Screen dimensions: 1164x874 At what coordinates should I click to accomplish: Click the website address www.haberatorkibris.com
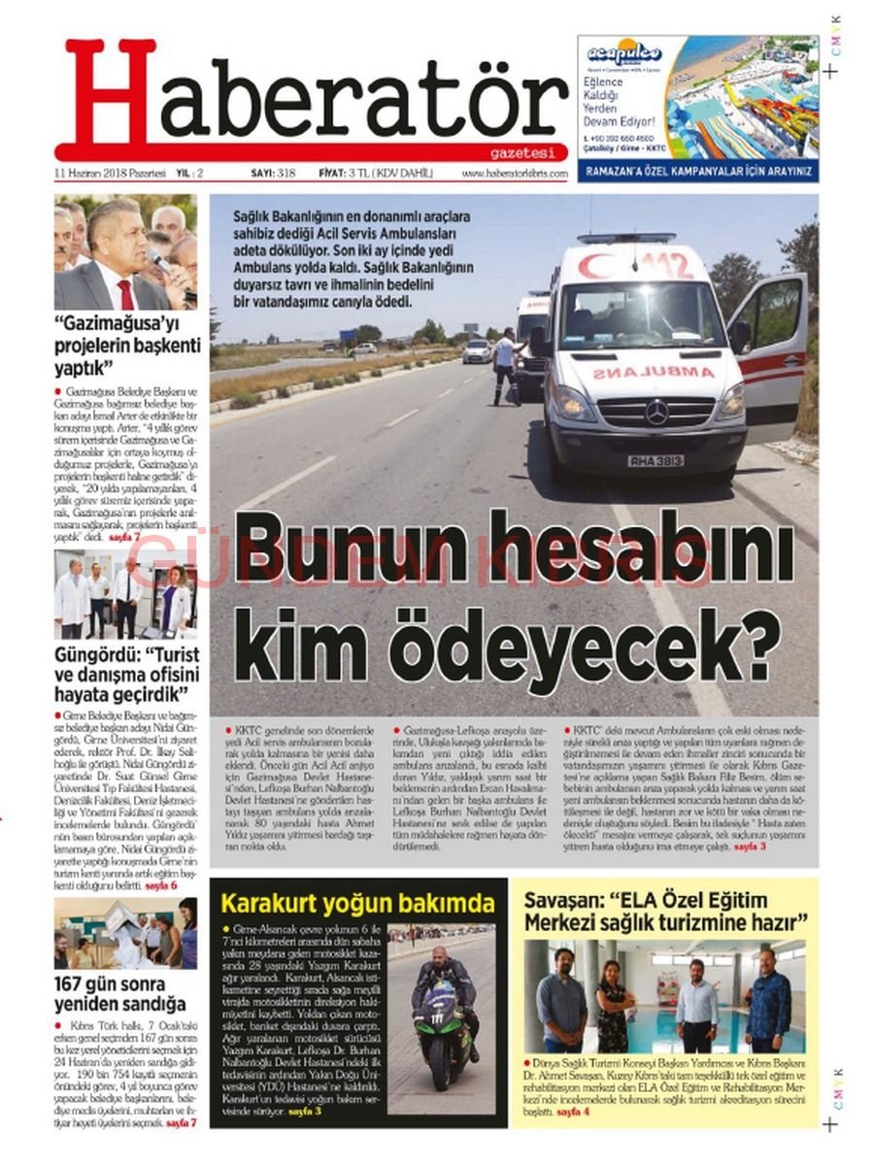514,174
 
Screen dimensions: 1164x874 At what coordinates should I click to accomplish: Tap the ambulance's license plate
655,460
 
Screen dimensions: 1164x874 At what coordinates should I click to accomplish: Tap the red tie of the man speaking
125,293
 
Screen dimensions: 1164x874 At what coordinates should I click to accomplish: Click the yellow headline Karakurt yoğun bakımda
357,904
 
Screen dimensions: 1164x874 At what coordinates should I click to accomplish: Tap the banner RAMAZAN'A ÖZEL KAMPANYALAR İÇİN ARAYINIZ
697,172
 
